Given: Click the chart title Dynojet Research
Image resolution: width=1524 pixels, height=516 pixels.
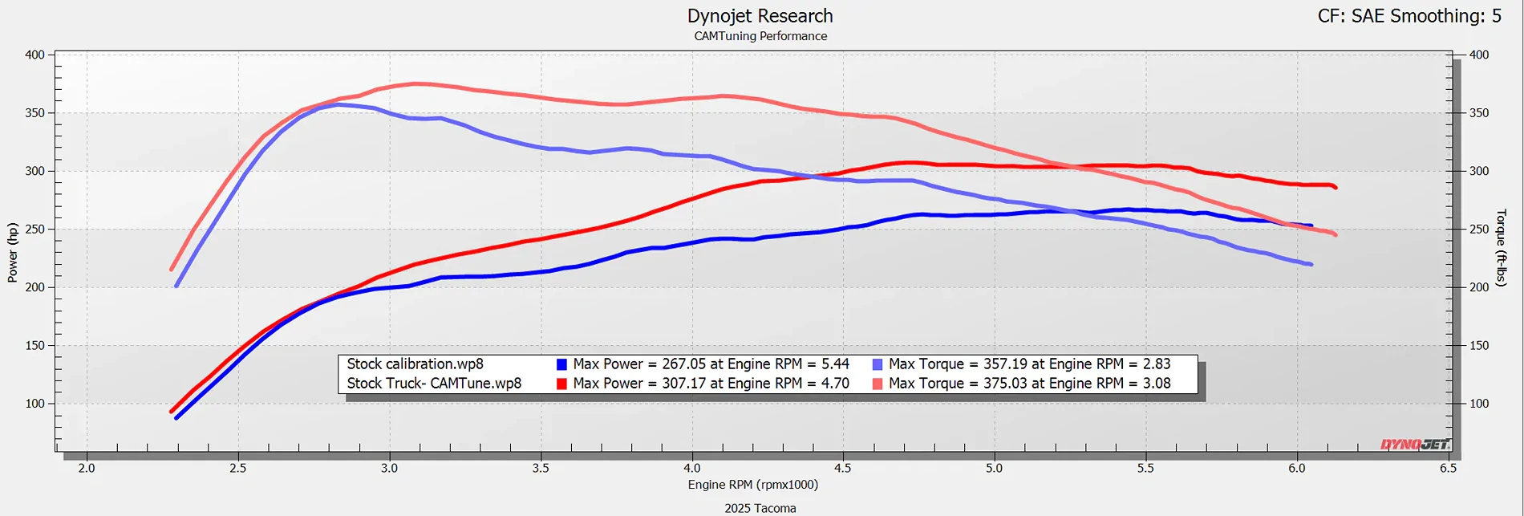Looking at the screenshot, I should click(760, 16).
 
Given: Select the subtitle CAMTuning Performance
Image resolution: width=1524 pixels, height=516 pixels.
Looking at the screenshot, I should click(760, 36).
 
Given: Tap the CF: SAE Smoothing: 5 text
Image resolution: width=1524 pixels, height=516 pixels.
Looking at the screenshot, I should click(1409, 16).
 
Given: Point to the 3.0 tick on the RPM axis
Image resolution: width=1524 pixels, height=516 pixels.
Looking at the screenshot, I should click(389, 468).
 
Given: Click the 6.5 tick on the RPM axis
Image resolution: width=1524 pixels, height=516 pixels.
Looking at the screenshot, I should click(1448, 468).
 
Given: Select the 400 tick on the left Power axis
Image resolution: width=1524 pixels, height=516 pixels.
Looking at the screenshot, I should click(34, 55).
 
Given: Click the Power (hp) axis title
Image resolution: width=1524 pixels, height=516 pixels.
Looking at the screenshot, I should click(13, 253).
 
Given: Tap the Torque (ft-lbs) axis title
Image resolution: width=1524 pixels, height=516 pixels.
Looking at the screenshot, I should click(1502, 248).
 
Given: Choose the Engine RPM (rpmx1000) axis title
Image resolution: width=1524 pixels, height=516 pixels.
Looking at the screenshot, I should click(752, 485).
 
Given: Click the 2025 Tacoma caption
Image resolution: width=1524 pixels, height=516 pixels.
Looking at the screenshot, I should click(760, 508).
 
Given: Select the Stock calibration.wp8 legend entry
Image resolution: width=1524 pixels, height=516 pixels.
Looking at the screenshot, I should click(415, 364).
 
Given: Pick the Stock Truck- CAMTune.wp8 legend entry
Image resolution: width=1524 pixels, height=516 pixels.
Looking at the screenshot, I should click(434, 384).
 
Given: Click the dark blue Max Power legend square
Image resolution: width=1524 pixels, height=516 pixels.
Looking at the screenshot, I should click(562, 364).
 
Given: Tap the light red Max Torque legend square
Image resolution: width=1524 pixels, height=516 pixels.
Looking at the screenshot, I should click(878, 384).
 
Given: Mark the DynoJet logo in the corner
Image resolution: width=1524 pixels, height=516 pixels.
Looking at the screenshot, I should click(1415, 445).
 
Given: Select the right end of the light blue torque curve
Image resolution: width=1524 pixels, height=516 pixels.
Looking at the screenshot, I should click(1311, 264).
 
